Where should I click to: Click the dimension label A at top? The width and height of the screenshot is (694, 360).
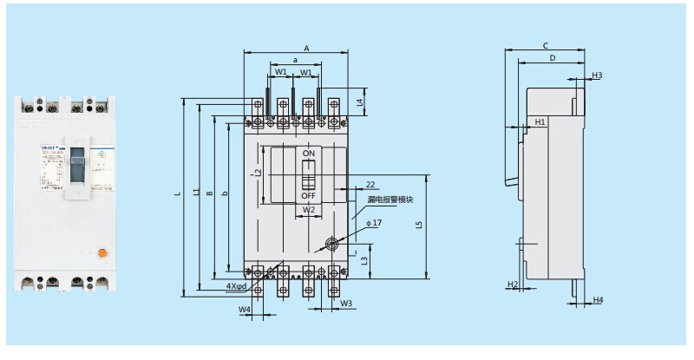(307, 49)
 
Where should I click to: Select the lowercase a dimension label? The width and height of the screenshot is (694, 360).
(295, 60)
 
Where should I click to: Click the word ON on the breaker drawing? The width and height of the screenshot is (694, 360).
(308, 154)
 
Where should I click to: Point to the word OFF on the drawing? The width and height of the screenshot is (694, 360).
(308, 196)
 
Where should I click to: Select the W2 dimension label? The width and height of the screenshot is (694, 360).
(308, 210)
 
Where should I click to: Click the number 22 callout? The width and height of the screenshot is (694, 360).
(370, 185)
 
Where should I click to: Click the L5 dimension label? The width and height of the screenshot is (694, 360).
(419, 225)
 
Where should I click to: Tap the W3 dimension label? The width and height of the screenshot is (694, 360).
(346, 304)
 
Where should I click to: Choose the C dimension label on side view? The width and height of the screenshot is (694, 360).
(545, 45)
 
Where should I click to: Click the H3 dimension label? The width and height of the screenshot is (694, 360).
(596, 75)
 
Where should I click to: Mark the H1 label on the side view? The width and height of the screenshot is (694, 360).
(540, 122)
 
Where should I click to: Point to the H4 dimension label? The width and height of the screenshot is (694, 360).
(597, 300)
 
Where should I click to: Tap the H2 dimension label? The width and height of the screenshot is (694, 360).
(512, 285)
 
